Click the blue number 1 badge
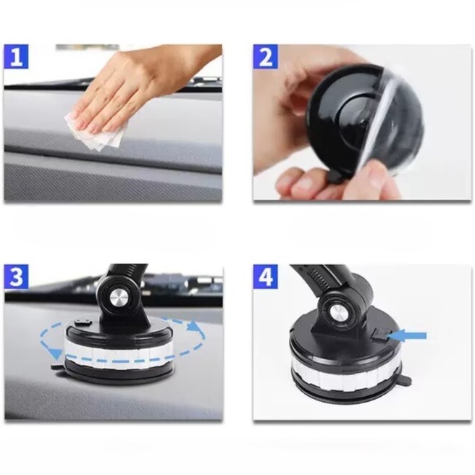(x=17, y=56)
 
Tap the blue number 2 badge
(x=266, y=56)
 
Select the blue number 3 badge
(x=17, y=277)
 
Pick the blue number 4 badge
(x=266, y=277)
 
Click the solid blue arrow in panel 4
(x=407, y=336)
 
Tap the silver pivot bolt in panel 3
(x=120, y=299)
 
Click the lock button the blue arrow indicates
(x=379, y=335)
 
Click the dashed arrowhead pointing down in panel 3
(x=56, y=353)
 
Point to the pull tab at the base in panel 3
(x=58, y=367)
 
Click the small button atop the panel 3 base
(x=83, y=322)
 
